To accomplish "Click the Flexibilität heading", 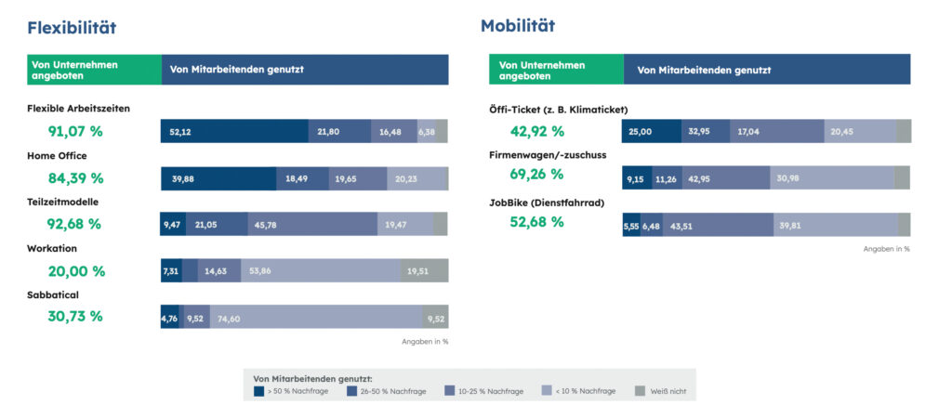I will tap(72, 28).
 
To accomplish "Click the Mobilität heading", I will tap(518, 25).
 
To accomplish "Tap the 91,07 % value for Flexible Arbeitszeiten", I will tap(75, 132).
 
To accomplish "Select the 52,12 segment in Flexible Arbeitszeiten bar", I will tap(234, 132).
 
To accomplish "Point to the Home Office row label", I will tap(58, 155).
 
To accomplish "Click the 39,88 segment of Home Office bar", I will tap(218, 178).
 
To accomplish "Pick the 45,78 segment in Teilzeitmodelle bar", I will tap(312, 224).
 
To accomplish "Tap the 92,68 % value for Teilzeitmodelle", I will tap(75, 224).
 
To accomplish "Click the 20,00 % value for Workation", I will tap(76, 271).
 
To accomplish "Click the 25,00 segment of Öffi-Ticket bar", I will tap(652, 132).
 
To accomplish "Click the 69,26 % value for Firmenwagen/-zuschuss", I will tap(537, 174).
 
